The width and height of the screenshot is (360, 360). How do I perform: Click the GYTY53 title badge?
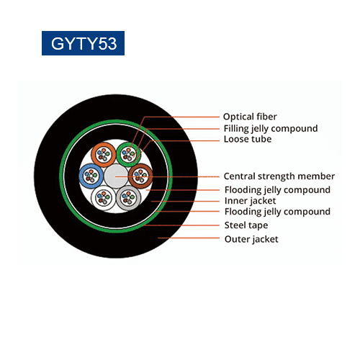tap(83, 43)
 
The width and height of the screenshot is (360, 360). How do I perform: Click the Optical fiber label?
tap(250, 117)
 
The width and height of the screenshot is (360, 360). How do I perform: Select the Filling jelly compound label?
tap(271, 129)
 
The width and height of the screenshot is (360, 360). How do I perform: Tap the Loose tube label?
tap(248, 139)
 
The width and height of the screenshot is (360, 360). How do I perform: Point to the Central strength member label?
tap(279, 176)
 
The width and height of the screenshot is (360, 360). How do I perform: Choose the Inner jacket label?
tap(250, 201)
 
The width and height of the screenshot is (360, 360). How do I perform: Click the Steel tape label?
tap(246, 225)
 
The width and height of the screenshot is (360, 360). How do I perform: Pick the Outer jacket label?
tap(251, 239)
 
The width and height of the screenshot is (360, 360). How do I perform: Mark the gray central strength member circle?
tap(116, 176)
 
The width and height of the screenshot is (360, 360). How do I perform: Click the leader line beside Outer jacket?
tap(189, 238)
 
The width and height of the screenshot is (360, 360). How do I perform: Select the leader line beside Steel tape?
tap(181, 225)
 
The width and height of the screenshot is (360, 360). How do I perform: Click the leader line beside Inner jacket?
tap(185, 202)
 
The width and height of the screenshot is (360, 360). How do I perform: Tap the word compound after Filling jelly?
tap(294, 129)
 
